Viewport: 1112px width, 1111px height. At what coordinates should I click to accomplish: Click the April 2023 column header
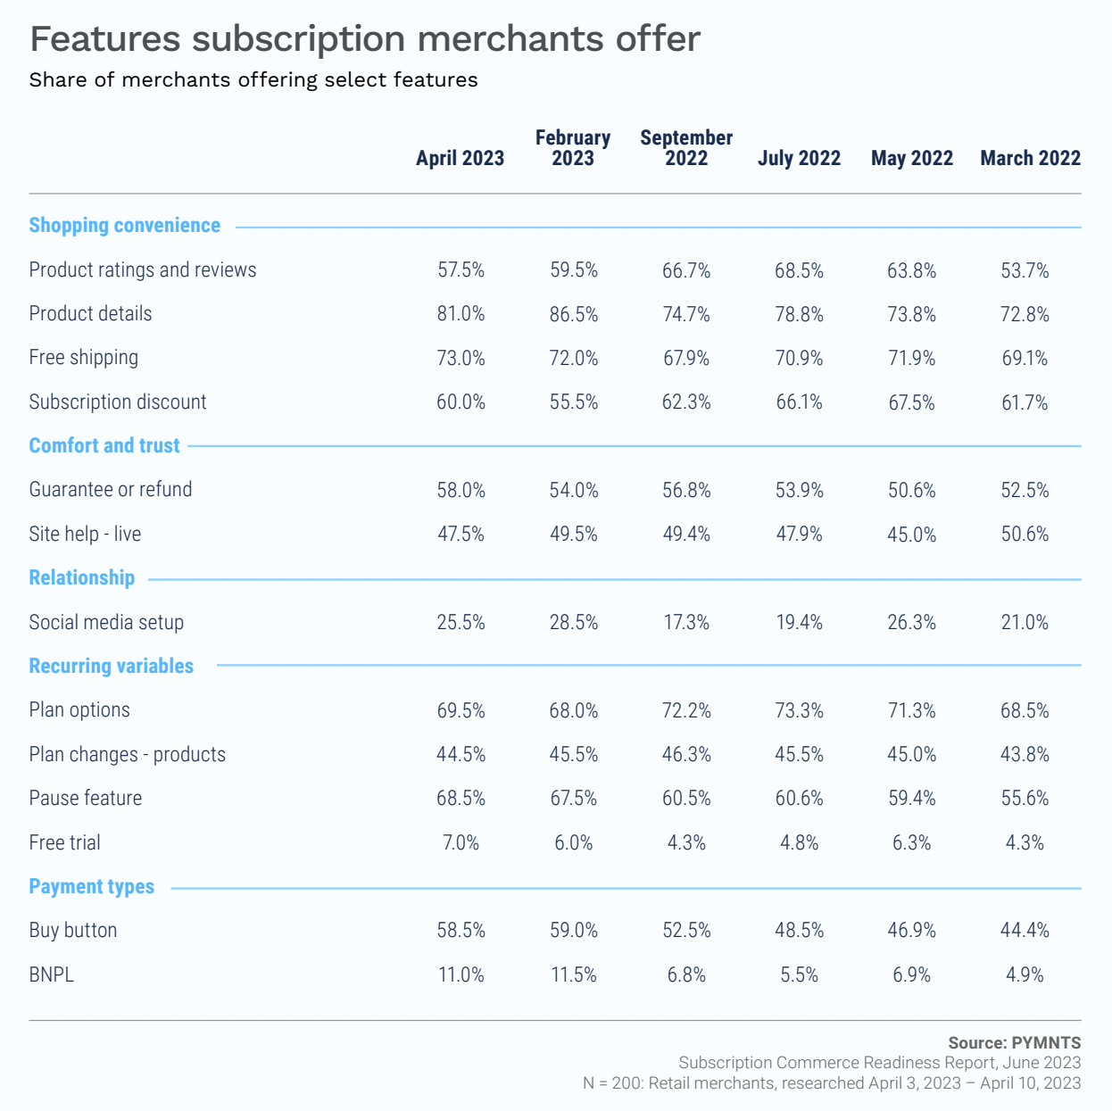(460, 158)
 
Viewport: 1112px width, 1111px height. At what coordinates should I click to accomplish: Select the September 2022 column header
(686, 148)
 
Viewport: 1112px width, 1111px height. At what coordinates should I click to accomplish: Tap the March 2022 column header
(1030, 158)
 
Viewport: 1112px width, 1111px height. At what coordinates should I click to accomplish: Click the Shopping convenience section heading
(124, 225)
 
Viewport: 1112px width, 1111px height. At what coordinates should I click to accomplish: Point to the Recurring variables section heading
(111, 666)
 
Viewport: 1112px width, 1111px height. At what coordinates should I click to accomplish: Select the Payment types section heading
(91, 886)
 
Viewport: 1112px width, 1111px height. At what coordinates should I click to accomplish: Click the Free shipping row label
(83, 358)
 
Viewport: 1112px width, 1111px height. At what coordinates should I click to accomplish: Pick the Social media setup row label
(106, 622)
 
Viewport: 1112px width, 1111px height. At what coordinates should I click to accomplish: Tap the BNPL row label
(51, 974)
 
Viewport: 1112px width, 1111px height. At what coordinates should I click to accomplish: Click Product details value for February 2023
(573, 314)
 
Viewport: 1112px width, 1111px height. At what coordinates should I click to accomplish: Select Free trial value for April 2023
(461, 842)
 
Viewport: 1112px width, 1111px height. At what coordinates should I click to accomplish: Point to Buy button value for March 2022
(1025, 930)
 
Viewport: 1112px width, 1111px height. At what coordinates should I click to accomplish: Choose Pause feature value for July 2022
(799, 798)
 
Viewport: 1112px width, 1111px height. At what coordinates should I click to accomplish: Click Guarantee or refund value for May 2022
(911, 490)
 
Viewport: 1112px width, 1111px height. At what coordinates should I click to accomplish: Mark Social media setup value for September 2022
(686, 622)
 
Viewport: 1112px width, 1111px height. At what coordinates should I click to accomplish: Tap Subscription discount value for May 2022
(911, 402)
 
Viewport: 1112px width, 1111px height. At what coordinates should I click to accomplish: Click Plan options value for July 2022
(799, 710)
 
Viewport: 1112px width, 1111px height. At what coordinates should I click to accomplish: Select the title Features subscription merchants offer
(365, 38)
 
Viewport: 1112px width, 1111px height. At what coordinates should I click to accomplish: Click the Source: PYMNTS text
(1014, 1042)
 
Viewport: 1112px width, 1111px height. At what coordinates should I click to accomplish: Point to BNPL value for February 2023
(573, 974)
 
